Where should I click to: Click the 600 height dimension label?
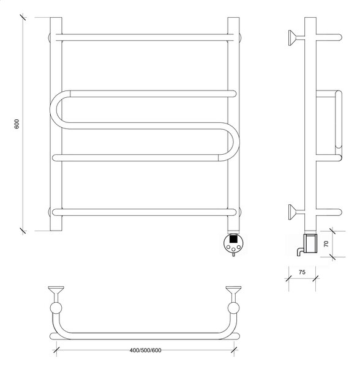[x=17, y=124]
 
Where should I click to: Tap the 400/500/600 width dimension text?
[x=145, y=350]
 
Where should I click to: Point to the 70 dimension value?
[x=326, y=243]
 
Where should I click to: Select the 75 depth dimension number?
[x=302, y=272]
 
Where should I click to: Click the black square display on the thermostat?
[x=233, y=239]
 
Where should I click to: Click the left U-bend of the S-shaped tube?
[x=57, y=109]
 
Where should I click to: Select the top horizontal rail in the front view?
[x=144, y=37]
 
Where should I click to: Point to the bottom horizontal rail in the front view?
[x=144, y=212]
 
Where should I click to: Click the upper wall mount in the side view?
[x=296, y=37]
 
